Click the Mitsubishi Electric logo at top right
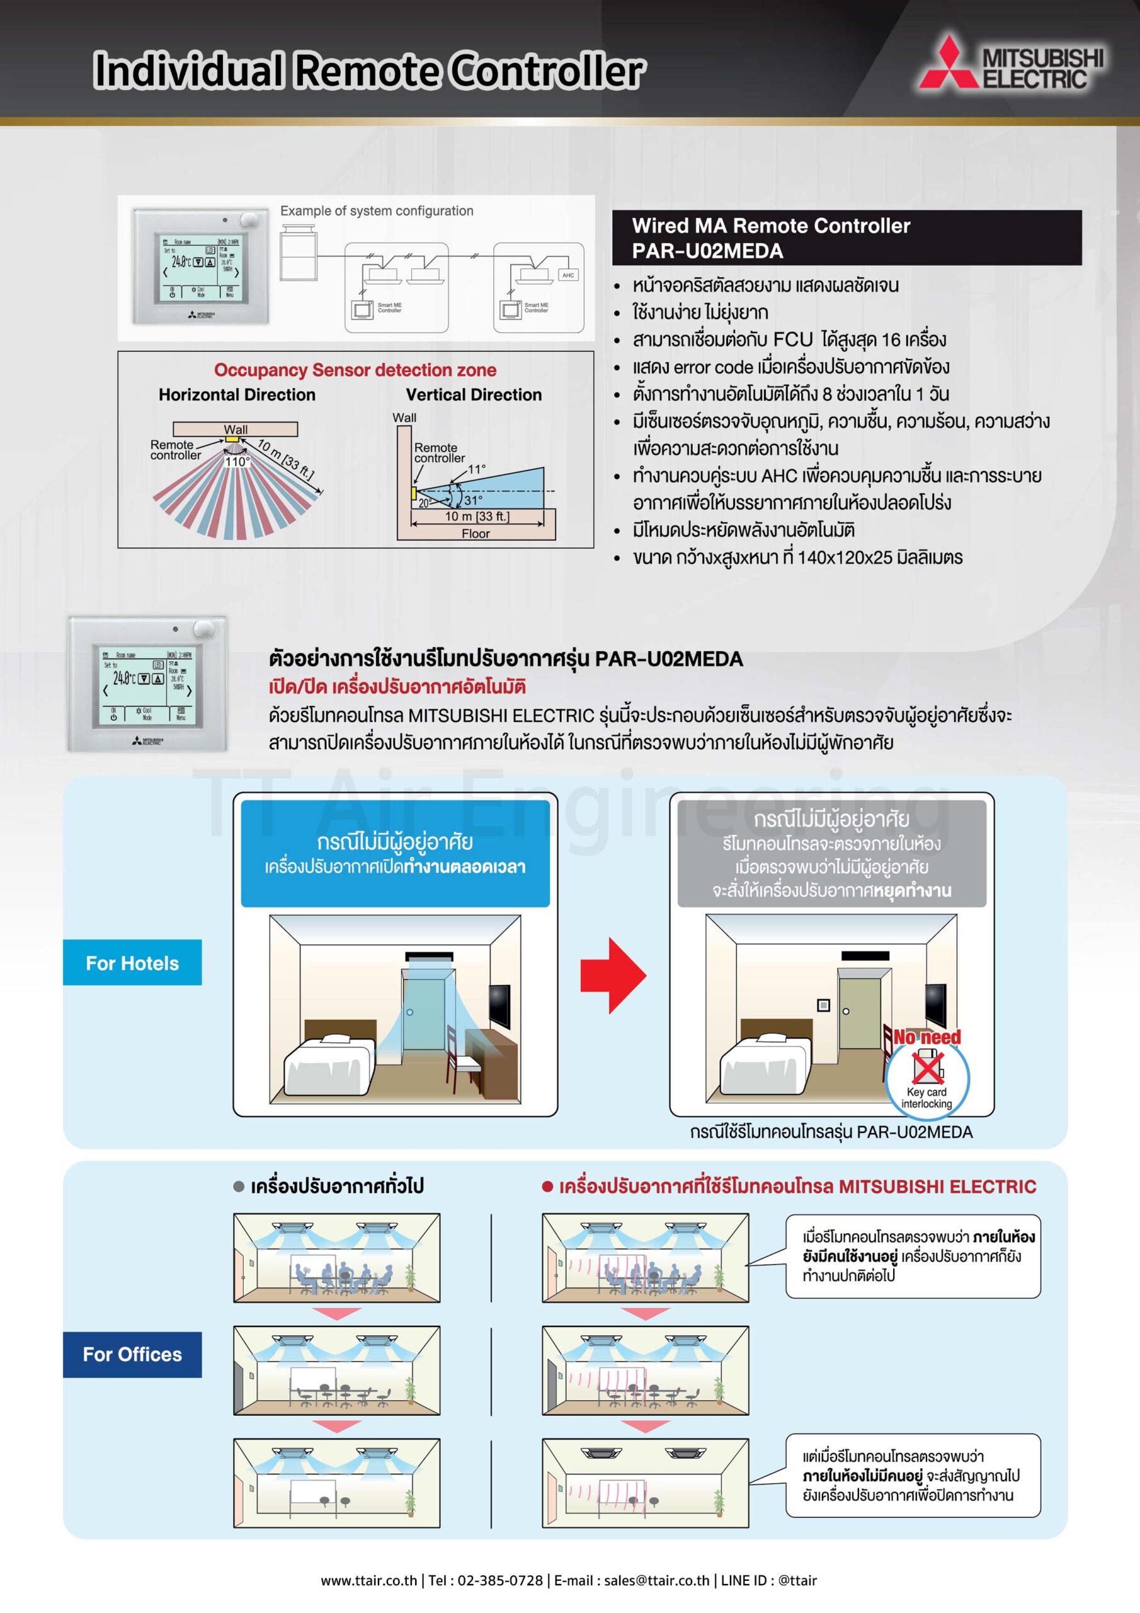(x=1012, y=64)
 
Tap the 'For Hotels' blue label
(x=132, y=963)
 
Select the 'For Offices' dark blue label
(x=132, y=1354)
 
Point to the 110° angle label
(x=237, y=462)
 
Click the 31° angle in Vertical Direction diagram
(x=473, y=500)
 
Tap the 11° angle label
(x=477, y=469)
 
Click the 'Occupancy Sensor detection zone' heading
(x=355, y=370)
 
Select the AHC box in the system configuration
(x=567, y=275)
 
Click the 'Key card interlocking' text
(x=926, y=1098)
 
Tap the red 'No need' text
(x=926, y=1037)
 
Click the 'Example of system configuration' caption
(x=377, y=210)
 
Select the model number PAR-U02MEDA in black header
(x=707, y=251)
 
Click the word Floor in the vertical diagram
(x=476, y=534)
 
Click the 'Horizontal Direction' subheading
(x=237, y=395)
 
